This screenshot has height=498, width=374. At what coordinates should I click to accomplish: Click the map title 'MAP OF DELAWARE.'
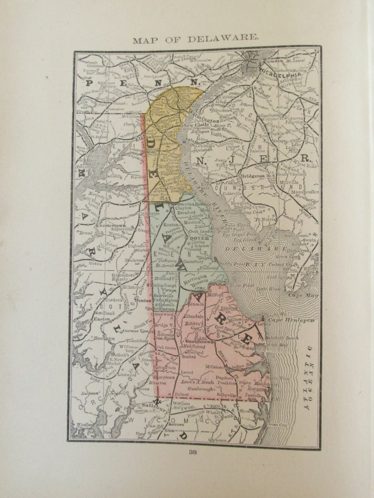tap(195, 40)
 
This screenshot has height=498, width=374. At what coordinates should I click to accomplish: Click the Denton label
tap(143, 300)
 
